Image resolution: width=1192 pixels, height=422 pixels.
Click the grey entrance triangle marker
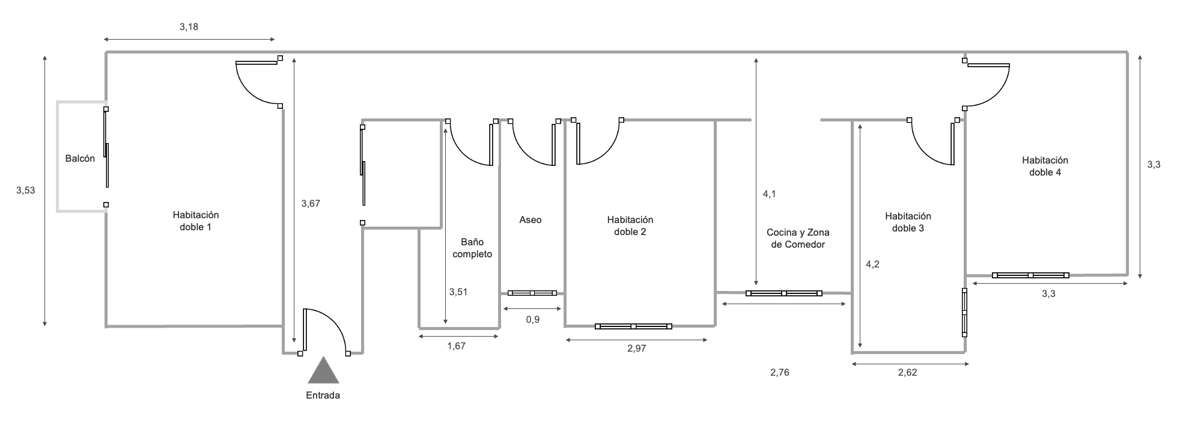click(323, 372)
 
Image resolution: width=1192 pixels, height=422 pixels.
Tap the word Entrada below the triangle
click(323, 396)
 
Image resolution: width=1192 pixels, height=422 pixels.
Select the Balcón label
click(80, 159)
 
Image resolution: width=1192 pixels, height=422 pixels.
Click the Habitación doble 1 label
click(196, 221)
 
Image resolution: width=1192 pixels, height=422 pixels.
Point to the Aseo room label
click(531, 220)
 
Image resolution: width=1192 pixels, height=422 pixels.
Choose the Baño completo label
click(472, 248)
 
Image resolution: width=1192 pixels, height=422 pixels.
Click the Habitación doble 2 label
click(630, 226)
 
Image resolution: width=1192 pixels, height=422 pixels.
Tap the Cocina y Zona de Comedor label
click(798, 239)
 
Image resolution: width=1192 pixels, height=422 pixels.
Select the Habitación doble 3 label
click(908, 222)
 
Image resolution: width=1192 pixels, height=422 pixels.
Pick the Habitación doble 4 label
click(1045, 167)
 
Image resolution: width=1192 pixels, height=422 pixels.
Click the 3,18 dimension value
click(189, 27)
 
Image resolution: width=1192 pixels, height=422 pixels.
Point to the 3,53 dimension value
click(26, 191)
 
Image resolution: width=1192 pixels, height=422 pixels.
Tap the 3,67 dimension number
click(311, 204)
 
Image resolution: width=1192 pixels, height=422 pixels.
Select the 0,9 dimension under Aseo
click(532, 320)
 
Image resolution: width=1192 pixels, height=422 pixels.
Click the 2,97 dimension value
click(636, 349)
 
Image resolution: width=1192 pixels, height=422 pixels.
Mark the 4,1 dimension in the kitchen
click(769, 194)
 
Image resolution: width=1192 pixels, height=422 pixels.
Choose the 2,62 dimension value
click(907, 373)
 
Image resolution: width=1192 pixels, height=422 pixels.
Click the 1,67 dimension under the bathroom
click(456, 346)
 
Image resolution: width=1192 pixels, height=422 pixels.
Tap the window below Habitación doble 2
click(633, 326)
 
